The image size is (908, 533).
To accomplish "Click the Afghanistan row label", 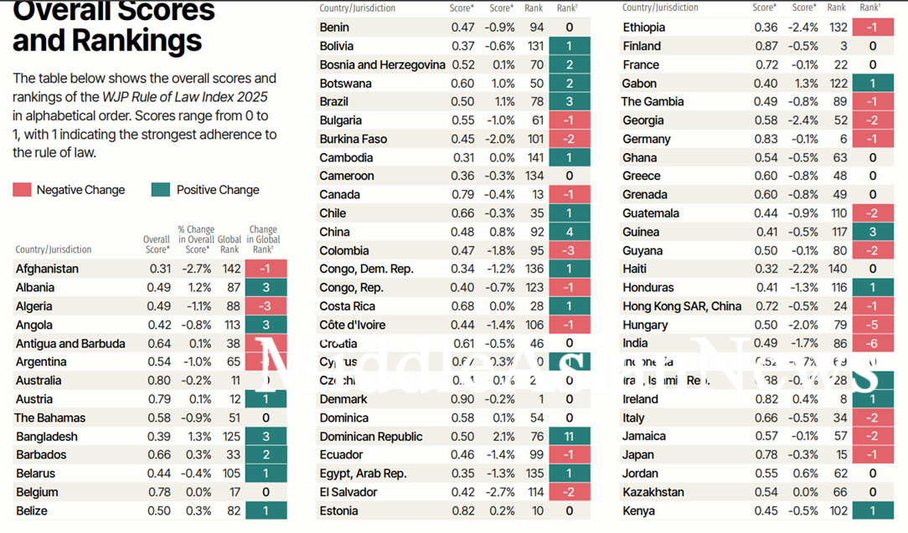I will [47, 269].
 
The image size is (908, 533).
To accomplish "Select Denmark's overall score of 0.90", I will [462, 399].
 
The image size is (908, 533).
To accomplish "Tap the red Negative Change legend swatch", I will [22, 190].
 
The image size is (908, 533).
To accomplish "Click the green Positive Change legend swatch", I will [161, 190].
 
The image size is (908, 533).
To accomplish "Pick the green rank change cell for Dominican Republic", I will [570, 436].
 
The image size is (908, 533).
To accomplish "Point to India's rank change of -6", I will [872, 343].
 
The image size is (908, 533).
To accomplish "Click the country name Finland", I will [642, 46].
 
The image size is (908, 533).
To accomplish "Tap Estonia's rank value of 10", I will [537, 510].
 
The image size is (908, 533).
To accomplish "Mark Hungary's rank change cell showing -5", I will [872, 325].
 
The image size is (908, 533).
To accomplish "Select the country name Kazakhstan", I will [653, 492].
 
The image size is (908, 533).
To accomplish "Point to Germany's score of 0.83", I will [766, 139].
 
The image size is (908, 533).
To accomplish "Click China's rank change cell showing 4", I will [570, 232].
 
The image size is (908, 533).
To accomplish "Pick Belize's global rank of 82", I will [233, 510].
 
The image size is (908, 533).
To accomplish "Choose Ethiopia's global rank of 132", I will [838, 28].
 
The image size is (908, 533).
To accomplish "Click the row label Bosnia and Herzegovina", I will [382, 64].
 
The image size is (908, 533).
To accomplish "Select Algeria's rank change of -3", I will [266, 306].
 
